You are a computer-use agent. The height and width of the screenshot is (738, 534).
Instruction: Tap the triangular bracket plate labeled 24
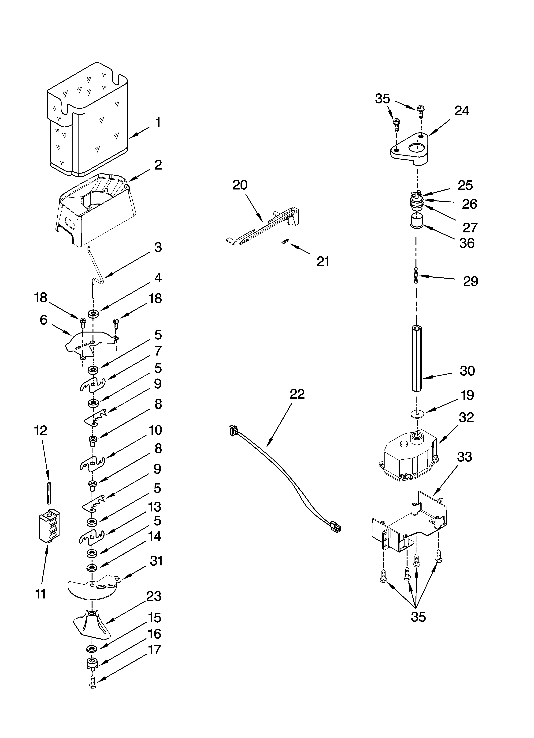pyautogui.click(x=410, y=150)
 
